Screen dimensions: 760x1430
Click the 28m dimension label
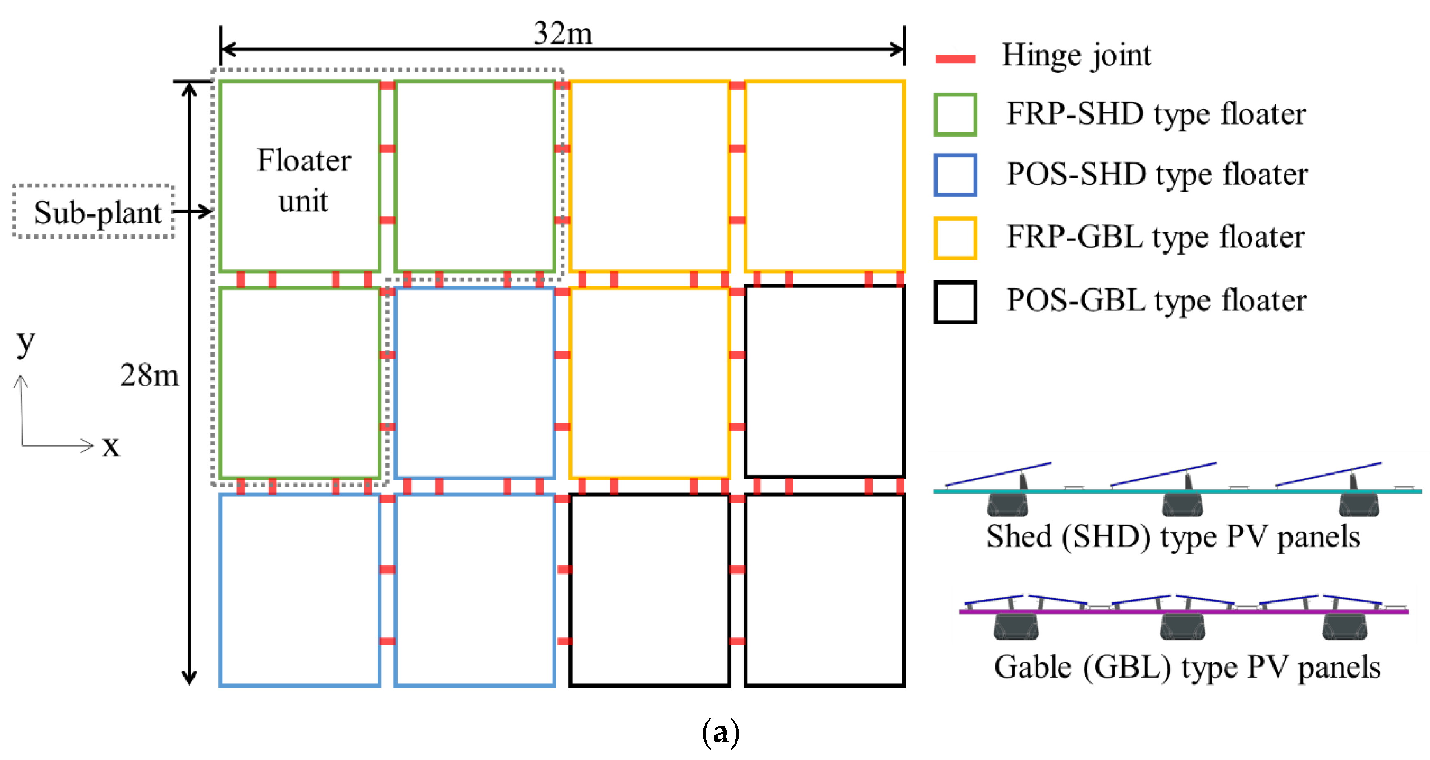[149, 375]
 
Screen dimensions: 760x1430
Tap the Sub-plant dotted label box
[94, 211]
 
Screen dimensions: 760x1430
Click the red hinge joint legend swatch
[955, 58]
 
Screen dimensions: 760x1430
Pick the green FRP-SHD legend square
[955, 114]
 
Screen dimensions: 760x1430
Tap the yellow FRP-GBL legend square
[955, 238]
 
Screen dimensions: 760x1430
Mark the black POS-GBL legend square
[955, 302]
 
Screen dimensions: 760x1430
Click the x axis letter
[111, 446]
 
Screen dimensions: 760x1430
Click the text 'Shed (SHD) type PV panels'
[1173, 537]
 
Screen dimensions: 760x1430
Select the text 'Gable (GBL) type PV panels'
[1187, 667]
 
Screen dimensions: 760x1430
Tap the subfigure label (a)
[720, 733]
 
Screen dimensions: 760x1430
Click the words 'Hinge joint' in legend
[1076, 56]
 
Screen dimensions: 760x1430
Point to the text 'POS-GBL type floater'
[1157, 301]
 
